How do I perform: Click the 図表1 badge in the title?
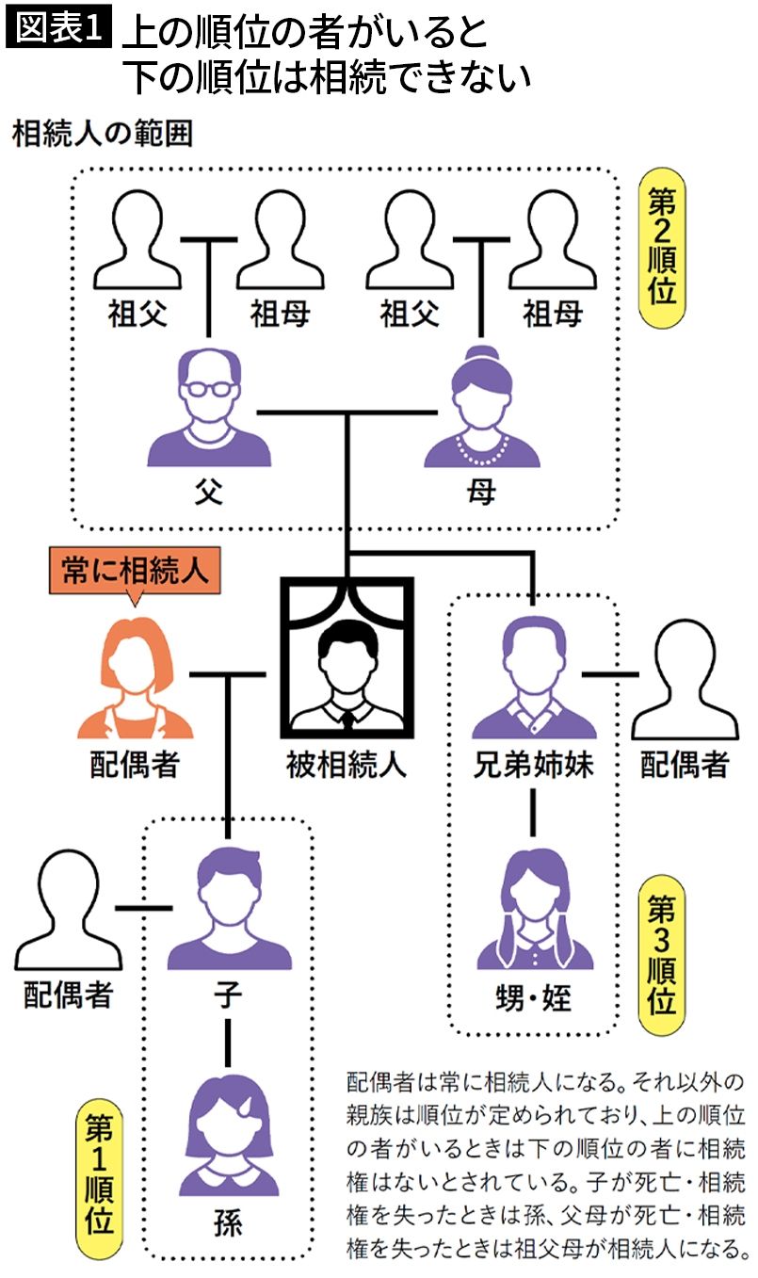click(x=59, y=30)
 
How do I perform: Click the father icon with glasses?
click(x=209, y=413)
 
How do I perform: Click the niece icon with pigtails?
click(x=534, y=910)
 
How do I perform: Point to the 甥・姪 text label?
click(x=533, y=997)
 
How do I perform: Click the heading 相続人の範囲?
click(x=103, y=134)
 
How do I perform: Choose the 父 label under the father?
click(x=209, y=493)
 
